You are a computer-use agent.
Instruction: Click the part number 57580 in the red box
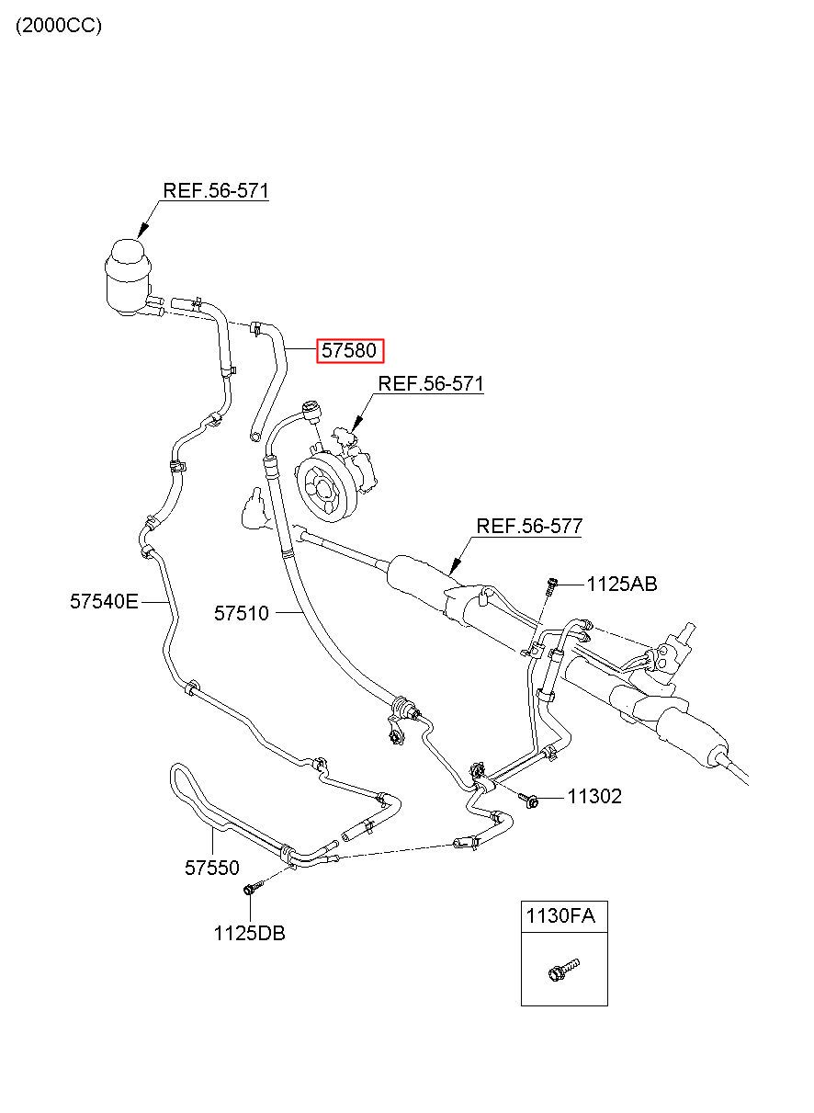click(350, 351)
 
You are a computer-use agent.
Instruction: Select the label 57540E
click(104, 602)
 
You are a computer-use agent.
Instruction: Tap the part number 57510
click(242, 614)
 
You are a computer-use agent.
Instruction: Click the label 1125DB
click(249, 934)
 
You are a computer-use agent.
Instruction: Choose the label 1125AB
click(622, 585)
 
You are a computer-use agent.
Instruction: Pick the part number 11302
click(594, 797)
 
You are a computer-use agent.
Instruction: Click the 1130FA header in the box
click(560, 915)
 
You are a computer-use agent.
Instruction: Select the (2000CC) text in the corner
click(59, 26)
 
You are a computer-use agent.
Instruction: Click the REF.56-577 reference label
click(529, 527)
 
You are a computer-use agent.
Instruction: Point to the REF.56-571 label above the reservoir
click(216, 191)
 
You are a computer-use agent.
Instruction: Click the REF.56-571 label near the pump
click(431, 383)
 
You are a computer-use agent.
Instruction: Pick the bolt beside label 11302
click(528, 799)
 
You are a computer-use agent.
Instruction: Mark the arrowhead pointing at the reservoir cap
click(143, 230)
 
